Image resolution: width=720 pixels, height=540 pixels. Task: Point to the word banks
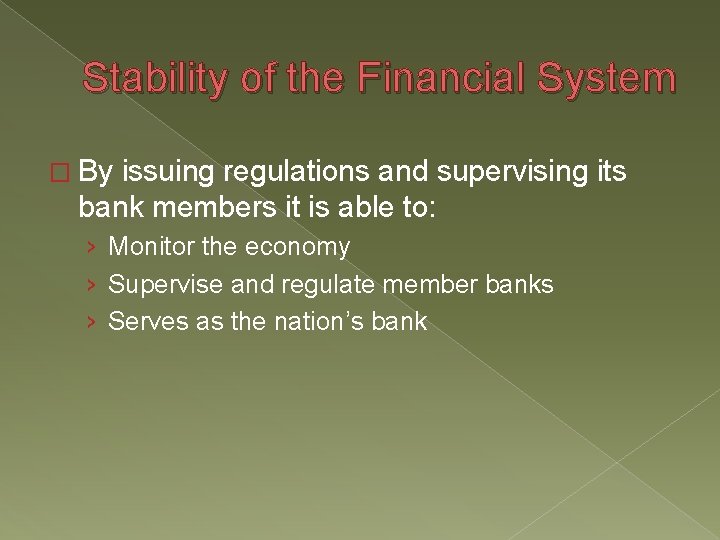[x=518, y=284]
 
